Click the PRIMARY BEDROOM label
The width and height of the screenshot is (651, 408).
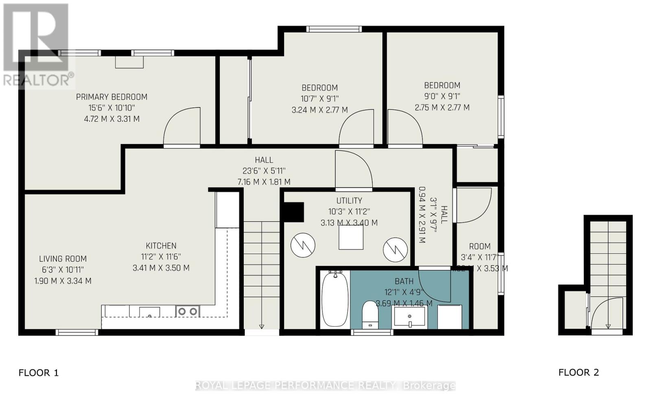[x=111, y=97]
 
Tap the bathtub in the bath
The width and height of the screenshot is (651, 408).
[x=335, y=299]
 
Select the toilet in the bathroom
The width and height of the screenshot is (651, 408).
[x=370, y=314]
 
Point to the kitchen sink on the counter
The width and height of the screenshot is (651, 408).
[x=149, y=312]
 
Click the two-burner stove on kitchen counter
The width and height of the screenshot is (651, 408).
[x=188, y=311]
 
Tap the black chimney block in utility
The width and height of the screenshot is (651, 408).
[x=292, y=212]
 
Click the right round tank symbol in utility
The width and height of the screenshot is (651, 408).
[x=395, y=249]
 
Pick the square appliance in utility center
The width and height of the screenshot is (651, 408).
[x=351, y=237]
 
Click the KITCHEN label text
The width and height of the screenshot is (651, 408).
[x=161, y=246]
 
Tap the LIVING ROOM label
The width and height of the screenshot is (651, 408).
[x=63, y=259]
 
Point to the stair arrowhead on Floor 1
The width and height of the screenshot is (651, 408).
[x=261, y=326]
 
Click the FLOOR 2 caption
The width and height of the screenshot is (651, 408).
[x=578, y=372]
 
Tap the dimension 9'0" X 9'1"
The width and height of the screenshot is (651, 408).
[x=442, y=97]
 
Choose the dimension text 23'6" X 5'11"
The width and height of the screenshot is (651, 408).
[x=264, y=171]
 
